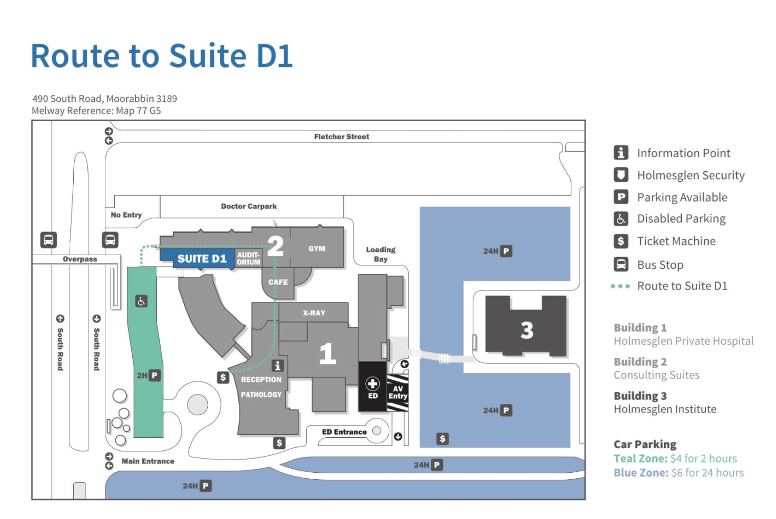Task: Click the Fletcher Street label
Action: [x=341, y=137]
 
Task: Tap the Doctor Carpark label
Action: [x=249, y=206]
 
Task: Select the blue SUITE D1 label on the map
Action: [x=202, y=259]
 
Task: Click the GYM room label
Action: [x=316, y=249]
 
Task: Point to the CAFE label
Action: [x=278, y=282]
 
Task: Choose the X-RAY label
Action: [x=314, y=313]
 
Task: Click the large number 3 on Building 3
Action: [x=527, y=330]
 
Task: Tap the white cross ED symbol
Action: [x=372, y=384]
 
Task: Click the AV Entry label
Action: [x=398, y=392]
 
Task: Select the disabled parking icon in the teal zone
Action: [x=141, y=301]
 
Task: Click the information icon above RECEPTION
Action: [x=278, y=365]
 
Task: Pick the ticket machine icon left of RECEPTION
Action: [x=223, y=377]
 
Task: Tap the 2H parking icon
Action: [x=155, y=375]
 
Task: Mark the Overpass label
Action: [x=80, y=259]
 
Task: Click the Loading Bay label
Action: [x=381, y=254]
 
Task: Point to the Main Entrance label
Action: [x=148, y=461]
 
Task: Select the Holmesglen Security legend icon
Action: [x=621, y=175]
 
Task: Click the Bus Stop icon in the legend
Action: [x=621, y=264]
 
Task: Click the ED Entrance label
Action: [x=344, y=432]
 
